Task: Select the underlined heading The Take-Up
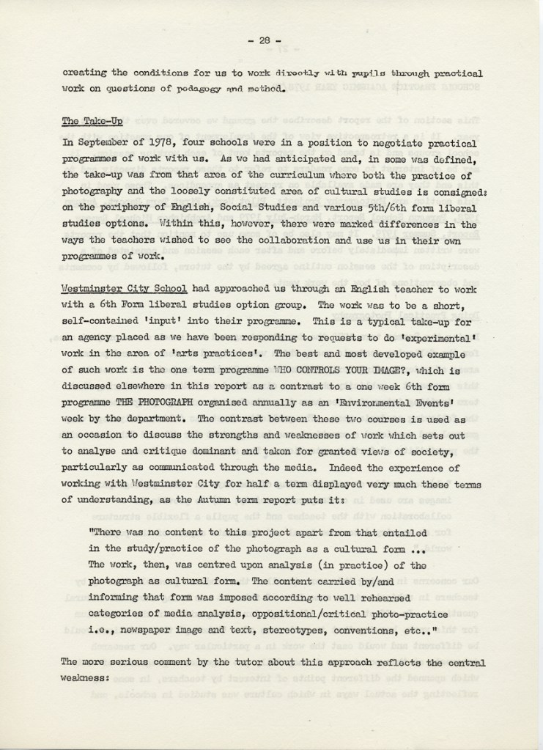click(x=92, y=122)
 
